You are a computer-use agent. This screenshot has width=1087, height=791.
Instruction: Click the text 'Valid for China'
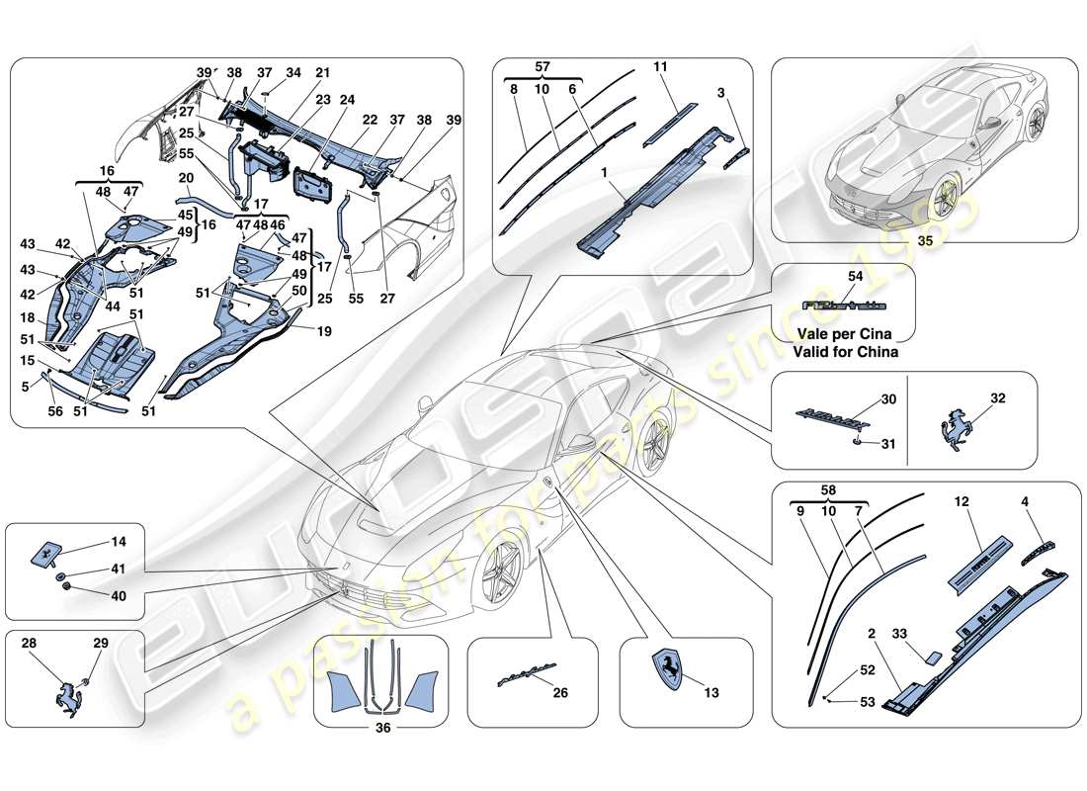point(845,351)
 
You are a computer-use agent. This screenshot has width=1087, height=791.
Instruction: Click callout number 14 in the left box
point(119,541)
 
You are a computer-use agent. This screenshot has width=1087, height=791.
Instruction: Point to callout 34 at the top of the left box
point(293,72)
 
